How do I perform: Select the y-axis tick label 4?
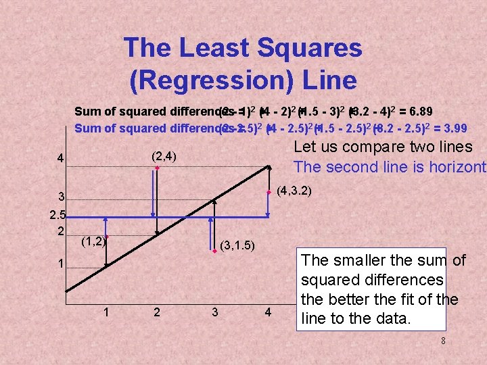60,160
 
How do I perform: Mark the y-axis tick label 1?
60,263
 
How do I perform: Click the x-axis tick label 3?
215,312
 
